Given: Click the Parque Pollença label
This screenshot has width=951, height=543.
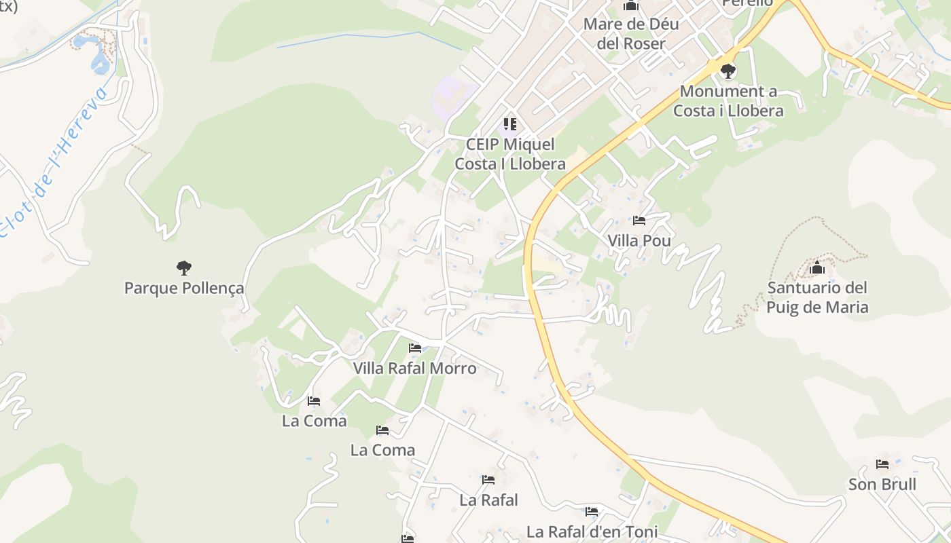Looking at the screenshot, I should (x=183, y=288).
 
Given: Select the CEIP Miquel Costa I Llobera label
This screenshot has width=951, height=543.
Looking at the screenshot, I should (x=510, y=154).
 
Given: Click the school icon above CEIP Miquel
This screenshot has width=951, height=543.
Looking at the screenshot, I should (x=510, y=124).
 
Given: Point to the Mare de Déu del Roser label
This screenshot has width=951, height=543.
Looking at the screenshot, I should (x=631, y=34).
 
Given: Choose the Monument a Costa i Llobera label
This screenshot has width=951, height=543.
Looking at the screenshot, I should (x=728, y=101).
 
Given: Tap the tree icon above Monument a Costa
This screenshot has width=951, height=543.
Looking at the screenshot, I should (x=728, y=71).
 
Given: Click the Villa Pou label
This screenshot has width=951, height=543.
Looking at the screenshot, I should (x=639, y=241).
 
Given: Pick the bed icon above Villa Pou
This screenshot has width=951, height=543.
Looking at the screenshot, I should (x=639, y=221).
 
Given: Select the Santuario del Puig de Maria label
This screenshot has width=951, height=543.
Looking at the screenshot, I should (x=817, y=297).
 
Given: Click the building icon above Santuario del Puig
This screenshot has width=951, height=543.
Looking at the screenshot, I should (x=817, y=268).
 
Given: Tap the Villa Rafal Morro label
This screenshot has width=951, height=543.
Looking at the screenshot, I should (x=415, y=369).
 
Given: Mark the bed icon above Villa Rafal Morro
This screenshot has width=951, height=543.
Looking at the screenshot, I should (x=415, y=348).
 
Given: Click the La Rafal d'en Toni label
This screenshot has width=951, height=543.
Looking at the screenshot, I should (x=592, y=531).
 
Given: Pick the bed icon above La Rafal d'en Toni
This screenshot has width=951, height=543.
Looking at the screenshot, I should (x=592, y=511).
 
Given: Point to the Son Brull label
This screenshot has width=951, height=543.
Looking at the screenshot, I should (x=882, y=485).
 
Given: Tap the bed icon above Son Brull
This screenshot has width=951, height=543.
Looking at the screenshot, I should (x=882, y=464).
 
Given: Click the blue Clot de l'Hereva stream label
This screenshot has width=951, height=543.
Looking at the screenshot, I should (x=54, y=163).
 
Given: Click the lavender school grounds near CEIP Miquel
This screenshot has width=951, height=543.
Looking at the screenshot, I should (x=452, y=95).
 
